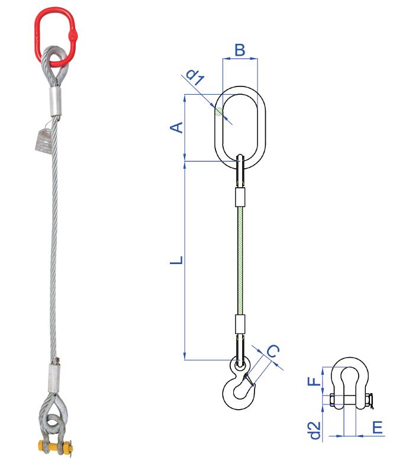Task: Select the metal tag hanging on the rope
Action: (41, 140)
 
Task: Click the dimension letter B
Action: (240, 50)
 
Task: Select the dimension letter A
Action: (176, 127)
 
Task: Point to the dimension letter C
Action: (273, 352)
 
